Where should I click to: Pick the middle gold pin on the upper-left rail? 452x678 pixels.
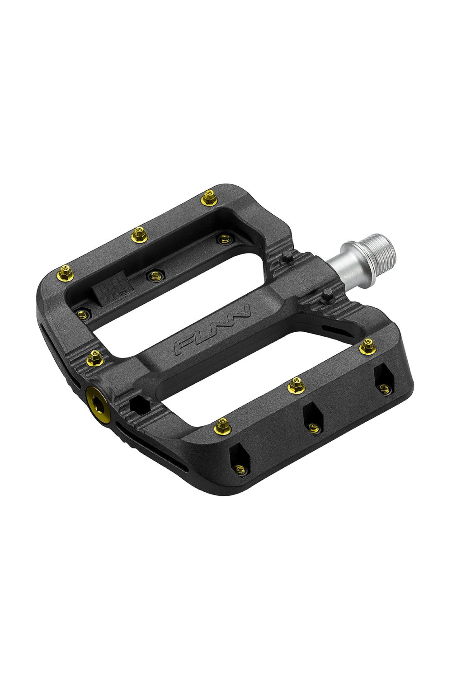(138, 235)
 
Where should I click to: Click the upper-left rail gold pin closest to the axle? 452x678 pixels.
(208, 197)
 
